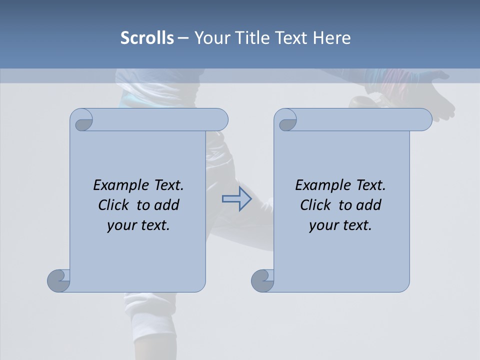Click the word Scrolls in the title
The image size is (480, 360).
point(147,38)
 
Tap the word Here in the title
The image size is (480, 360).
point(331,38)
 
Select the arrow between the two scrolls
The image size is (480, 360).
point(236,199)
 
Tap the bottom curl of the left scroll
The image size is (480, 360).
point(58,280)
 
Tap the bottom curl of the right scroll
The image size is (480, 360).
point(262,280)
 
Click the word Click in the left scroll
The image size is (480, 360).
point(114,205)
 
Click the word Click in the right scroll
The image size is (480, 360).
point(316,205)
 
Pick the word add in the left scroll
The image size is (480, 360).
point(167,205)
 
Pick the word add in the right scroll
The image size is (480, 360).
point(369,205)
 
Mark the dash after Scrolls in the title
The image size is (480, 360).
point(183,38)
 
